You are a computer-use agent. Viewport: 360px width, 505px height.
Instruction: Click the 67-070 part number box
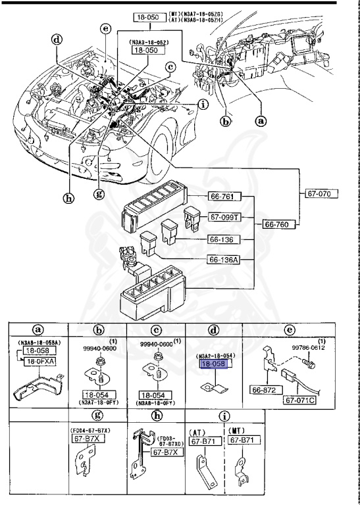322,194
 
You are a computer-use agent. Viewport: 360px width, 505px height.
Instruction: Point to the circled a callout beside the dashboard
261,121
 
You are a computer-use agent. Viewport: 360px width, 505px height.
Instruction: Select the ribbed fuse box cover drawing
153,210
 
